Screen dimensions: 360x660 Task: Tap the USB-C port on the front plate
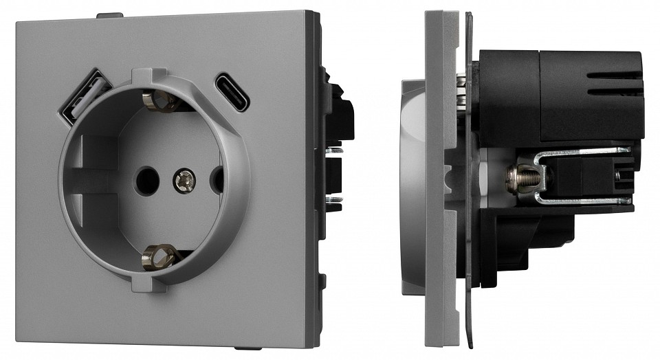234,92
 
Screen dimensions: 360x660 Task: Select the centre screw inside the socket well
184,180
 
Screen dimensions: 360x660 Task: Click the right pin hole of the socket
217,180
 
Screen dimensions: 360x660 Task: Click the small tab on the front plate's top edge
110,14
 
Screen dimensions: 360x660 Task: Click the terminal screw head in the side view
516,179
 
